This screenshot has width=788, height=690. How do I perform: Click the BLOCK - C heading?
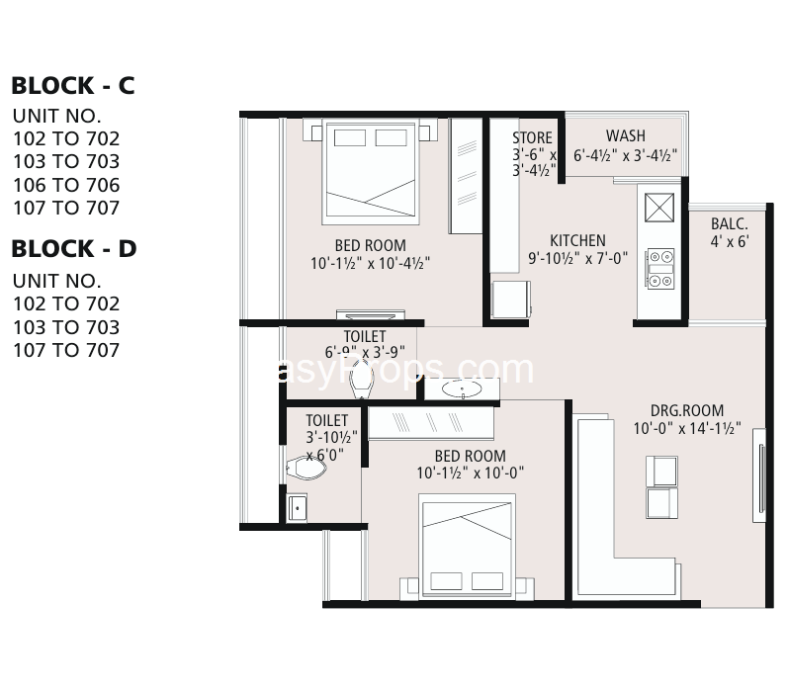(x=73, y=85)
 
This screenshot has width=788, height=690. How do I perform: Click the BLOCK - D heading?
(x=74, y=249)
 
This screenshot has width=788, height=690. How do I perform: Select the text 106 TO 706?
(x=66, y=185)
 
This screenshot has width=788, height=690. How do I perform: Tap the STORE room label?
(x=532, y=137)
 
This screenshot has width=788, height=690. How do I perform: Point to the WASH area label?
(x=626, y=135)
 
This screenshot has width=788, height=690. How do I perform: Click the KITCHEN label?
(x=577, y=240)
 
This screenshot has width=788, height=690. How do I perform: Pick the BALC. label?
(x=730, y=223)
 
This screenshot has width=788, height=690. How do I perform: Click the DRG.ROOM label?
(x=687, y=410)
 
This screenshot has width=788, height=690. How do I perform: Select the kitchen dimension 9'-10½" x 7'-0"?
(x=577, y=258)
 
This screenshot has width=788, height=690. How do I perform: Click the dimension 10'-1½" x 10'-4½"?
(x=371, y=263)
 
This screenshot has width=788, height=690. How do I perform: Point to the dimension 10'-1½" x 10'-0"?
(x=471, y=473)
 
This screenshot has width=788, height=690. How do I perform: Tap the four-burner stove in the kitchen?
(x=659, y=269)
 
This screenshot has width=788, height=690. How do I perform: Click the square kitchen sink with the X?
(x=659, y=208)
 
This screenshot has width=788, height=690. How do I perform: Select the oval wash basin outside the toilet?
(x=462, y=388)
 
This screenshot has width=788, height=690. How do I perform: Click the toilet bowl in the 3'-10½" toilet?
(x=306, y=468)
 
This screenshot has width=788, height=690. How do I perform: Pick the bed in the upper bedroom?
(x=371, y=171)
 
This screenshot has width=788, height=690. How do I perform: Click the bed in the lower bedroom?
(x=468, y=546)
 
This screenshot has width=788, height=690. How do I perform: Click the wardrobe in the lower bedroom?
(x=431, y=423)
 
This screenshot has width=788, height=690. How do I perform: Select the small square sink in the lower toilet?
(x=297, y=507)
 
